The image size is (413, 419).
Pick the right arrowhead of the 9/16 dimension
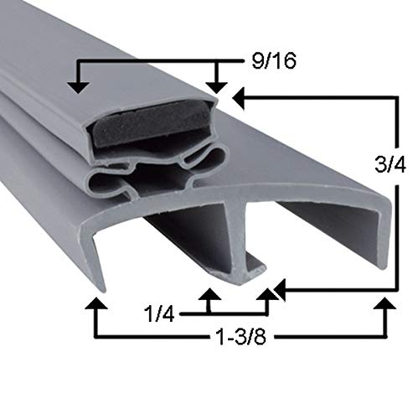tap(217, 85)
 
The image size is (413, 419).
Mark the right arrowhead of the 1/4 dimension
tap(268, 296)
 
